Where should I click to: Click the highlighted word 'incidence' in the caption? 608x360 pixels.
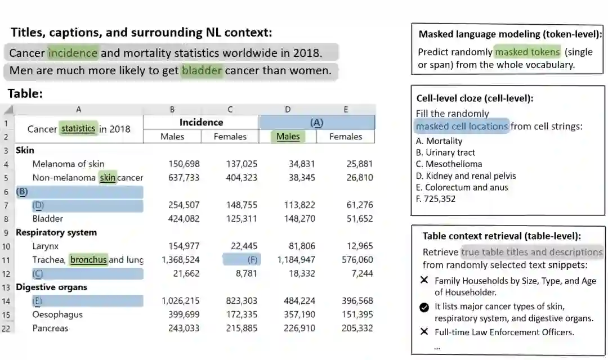[x=73, y=53]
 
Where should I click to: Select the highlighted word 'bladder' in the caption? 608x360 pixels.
[x=202, y=71]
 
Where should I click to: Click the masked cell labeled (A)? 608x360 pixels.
[x=317, y=122]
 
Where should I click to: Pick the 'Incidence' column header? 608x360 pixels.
[x=201, y=122]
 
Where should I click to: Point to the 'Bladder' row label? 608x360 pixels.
[x=48, y=219]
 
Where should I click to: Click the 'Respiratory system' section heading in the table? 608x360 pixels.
[x=56, y=232]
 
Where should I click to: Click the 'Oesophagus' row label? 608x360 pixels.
[x=57, y=314]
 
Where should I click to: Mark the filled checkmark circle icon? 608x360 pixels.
[x=424, y=307]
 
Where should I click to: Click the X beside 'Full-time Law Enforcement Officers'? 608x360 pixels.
[x=424, y=332]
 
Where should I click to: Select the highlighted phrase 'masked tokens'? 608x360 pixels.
[x=527, y=52]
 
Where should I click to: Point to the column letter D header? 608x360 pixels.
[x=288, y=110]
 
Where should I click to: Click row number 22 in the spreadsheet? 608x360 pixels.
[x=6, y=328]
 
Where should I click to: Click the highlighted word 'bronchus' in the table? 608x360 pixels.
[x=88, y=260]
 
